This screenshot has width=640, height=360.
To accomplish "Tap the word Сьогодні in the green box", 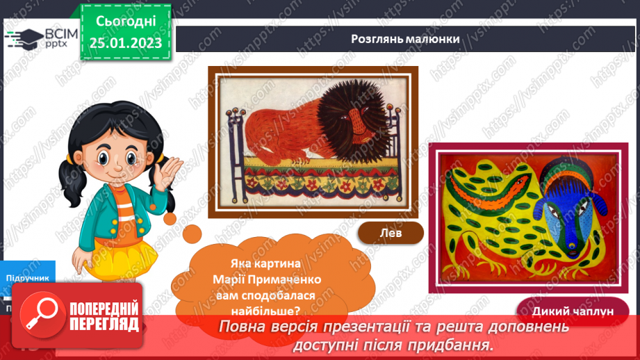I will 126,22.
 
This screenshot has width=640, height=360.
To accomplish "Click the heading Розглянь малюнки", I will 405,39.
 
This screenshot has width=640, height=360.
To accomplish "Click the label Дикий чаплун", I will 573,311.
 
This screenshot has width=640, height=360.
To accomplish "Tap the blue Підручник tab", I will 28,277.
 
